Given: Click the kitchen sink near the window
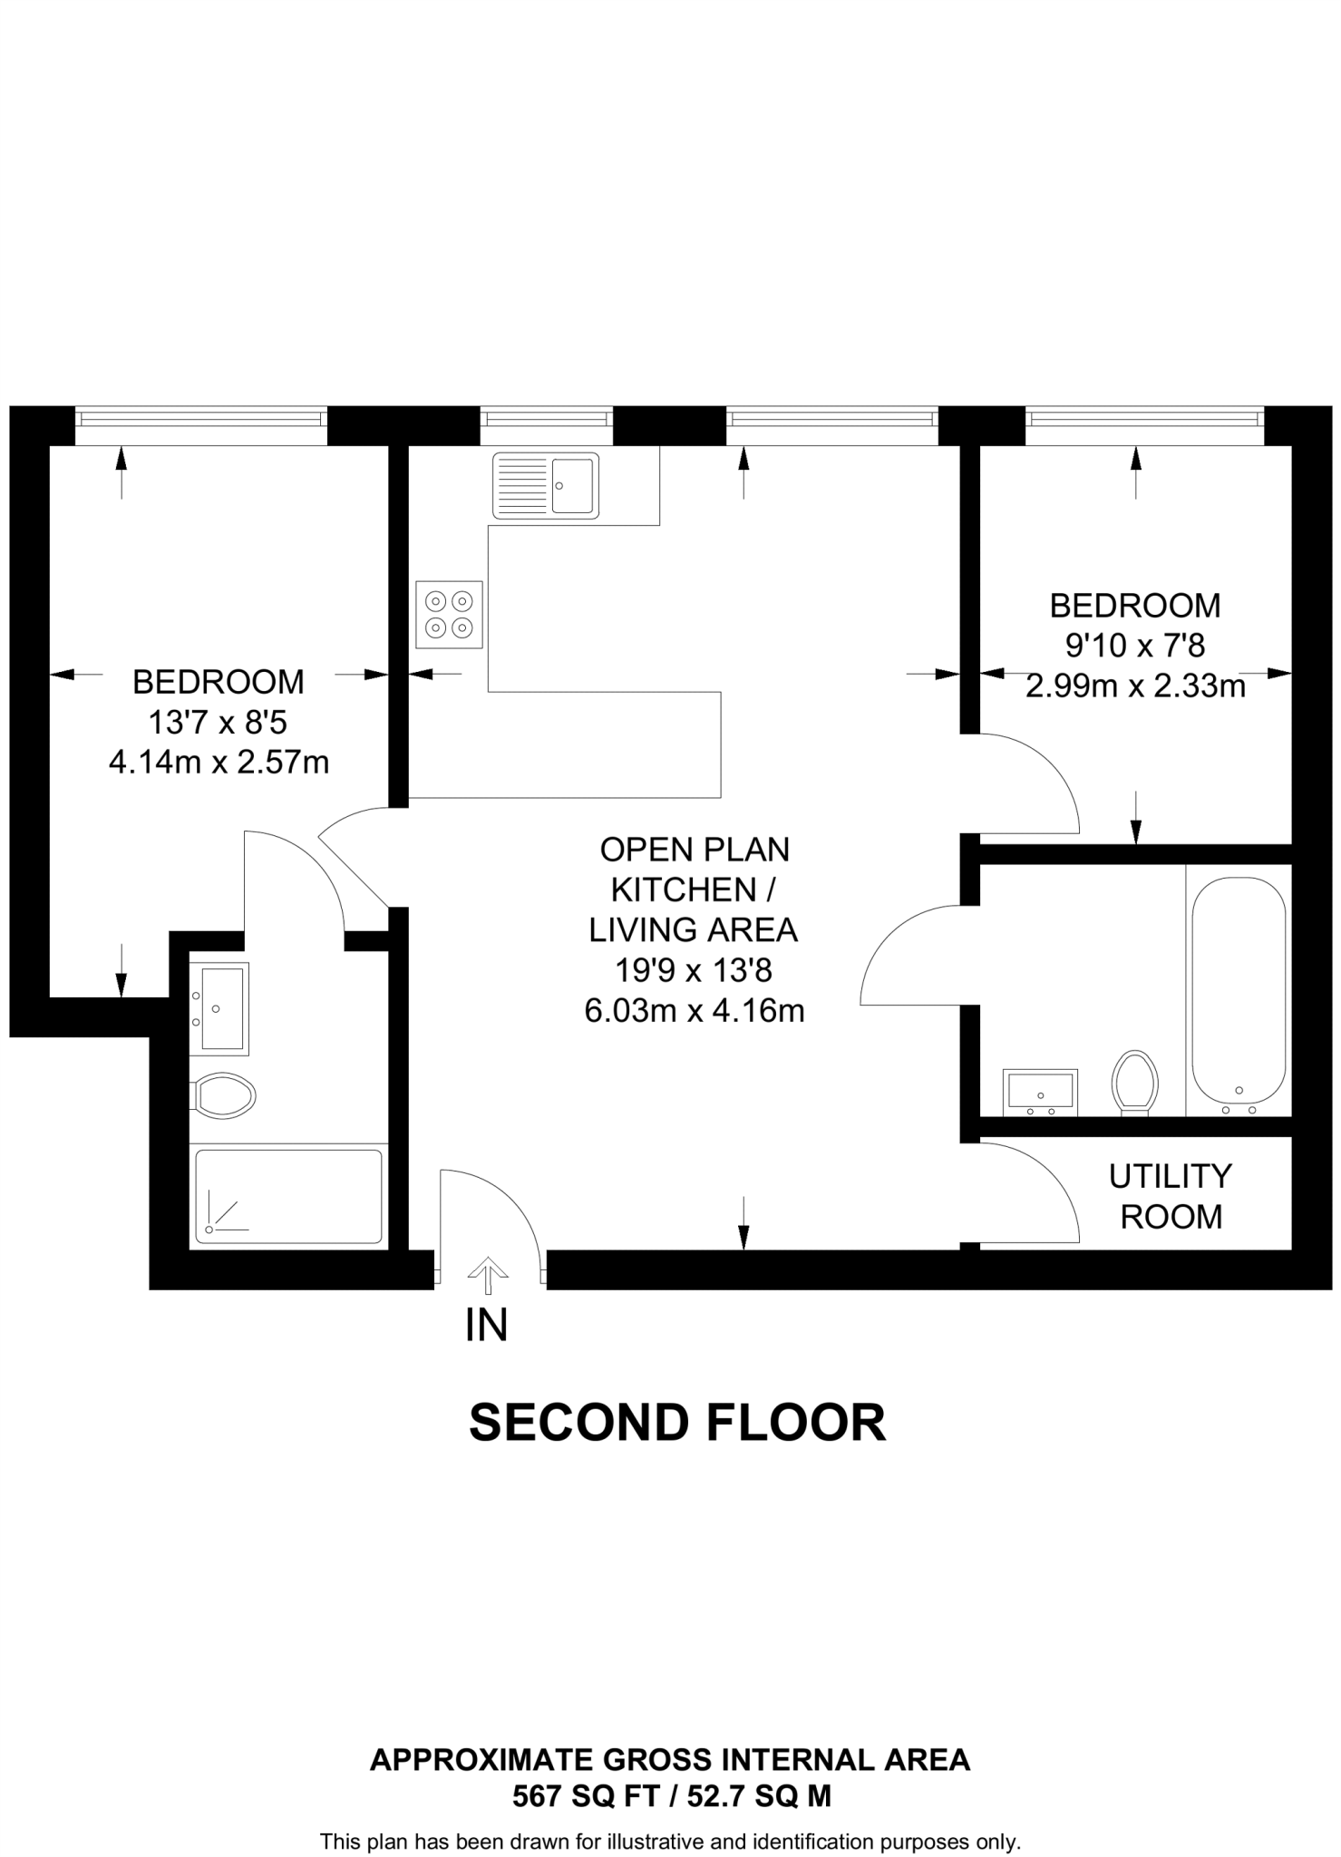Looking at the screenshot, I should (545, 486).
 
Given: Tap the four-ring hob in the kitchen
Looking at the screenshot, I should (450, 615).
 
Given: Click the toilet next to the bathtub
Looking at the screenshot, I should (1134, 1082).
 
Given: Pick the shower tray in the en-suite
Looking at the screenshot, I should (288, 1197).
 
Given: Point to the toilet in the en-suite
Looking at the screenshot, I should (223, 1095).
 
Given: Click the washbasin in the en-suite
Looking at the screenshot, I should (218, 1007).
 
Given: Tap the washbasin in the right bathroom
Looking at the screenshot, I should (1040, 1092).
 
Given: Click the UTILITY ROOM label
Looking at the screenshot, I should (1171, 1196).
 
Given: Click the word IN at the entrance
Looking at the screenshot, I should (486, 1326).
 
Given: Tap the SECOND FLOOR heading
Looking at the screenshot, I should (676, 1423).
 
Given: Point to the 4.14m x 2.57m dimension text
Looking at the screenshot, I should (219, 762).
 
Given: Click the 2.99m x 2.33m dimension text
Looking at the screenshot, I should (1135, 685).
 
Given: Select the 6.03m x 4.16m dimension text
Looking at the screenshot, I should (695, 1010).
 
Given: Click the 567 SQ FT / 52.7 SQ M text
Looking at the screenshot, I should (671, 1795).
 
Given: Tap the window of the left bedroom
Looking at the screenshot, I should (200, 418).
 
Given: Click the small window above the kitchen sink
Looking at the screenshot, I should (546, 418).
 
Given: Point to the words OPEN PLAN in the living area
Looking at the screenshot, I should (695, 850).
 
